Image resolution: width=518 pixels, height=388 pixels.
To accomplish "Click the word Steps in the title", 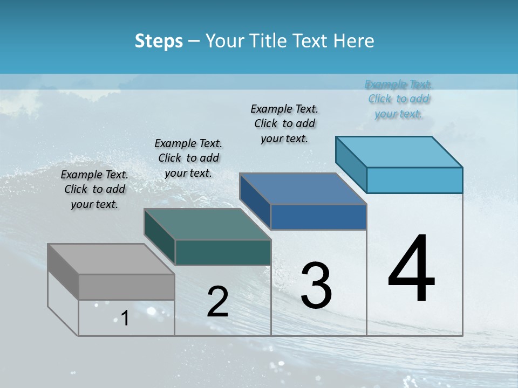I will [x=159, y=41].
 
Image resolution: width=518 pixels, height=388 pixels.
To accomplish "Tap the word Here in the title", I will [x=353, y=41].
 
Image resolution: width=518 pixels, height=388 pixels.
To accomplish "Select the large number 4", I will [x=411, y=269].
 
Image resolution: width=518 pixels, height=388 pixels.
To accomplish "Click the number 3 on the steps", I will [x=316, y=286].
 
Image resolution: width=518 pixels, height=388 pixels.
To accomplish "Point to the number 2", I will [x=217, y=302].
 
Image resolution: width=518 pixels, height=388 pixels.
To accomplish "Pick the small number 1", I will [x=125, y=318].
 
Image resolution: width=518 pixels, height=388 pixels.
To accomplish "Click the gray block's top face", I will [x=111, y=259].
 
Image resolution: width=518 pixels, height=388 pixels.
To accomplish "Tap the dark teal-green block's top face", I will [x=207, y=224].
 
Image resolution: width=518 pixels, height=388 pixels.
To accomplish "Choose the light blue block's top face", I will [x=399, y=152].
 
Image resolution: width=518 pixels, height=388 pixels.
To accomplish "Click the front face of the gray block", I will [x=126, y=287].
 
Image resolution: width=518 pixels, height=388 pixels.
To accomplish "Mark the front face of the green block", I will [x=223, y=252].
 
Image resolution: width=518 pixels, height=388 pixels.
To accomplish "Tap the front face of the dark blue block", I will [x=318, y=217].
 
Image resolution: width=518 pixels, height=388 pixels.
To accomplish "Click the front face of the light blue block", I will [x=414, y=180].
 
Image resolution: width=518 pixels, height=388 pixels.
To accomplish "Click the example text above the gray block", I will [x=94, y=189].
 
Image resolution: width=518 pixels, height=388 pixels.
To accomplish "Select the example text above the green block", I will [x=188, y=158].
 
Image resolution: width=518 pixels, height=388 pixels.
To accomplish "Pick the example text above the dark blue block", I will [x=284, y=123].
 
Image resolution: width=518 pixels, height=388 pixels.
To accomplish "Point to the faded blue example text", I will [x=399, y=99].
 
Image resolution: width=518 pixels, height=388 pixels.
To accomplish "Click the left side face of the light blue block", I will [x=351, y=164].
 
